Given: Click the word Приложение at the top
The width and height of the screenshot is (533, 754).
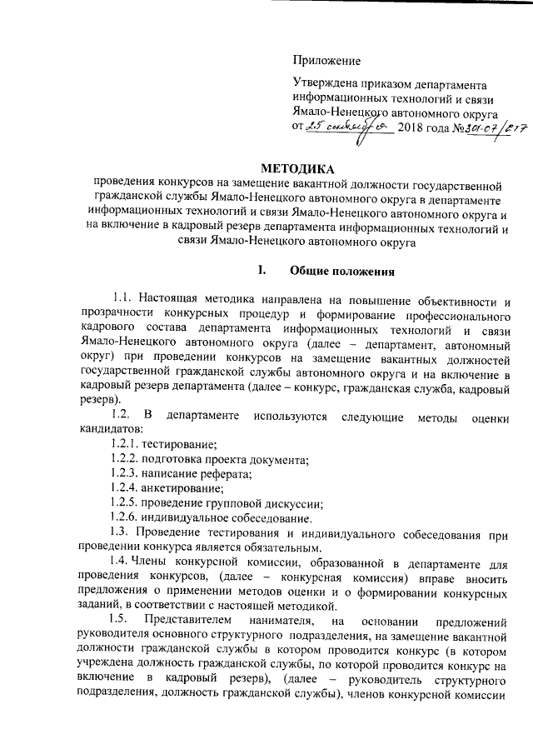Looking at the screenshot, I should [326, 60].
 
